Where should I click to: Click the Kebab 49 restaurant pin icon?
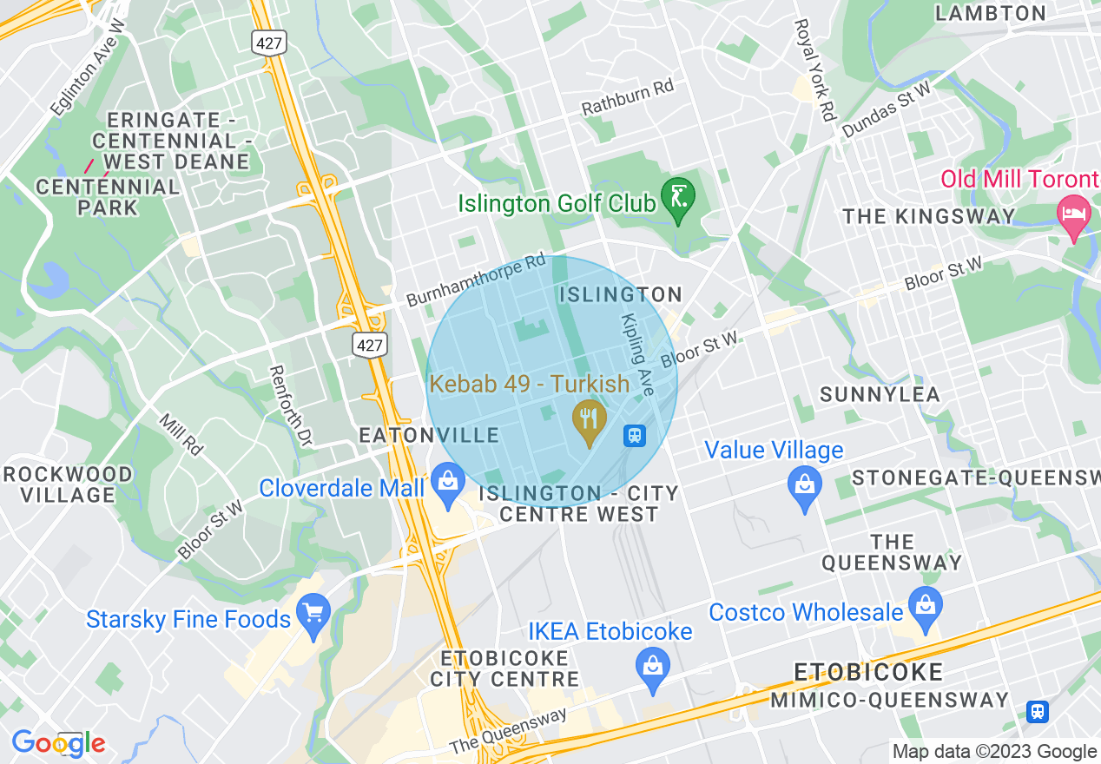tap(590, 421)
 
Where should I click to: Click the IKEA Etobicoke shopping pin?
tap(652, 669)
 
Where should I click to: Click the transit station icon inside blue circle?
tap(635, 436)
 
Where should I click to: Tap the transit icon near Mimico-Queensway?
tap(1037, 712)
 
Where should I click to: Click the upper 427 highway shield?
tap(269, 41)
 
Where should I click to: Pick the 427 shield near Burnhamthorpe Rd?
tap(369, 345)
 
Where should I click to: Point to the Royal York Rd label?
tap(814, 69)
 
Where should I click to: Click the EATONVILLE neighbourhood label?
tap(430, 436)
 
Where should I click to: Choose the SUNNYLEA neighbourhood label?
tap(880, 394)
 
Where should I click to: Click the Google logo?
tap(58, 743)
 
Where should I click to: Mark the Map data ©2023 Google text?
tap(994, 752)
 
